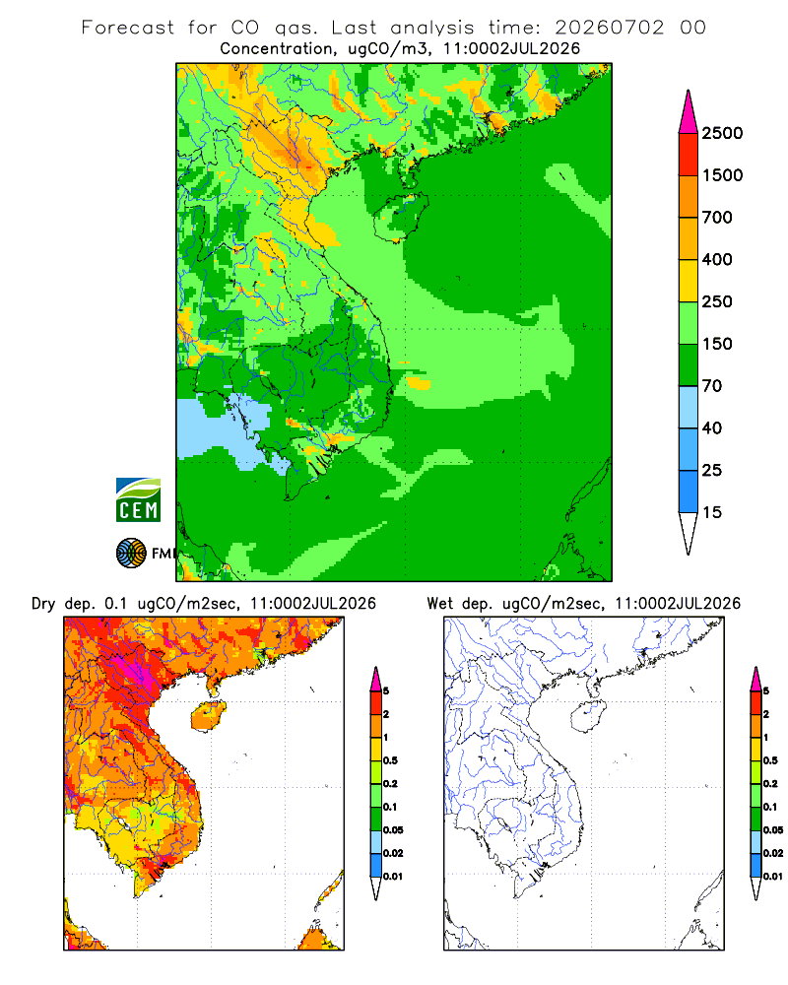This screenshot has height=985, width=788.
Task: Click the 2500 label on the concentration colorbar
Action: (x=722, y=133)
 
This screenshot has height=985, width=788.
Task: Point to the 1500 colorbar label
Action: (x=722, y=175)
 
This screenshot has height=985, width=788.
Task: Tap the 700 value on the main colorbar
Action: (x=717, y=218)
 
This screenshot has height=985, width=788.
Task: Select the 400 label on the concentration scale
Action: (x=717, y=259)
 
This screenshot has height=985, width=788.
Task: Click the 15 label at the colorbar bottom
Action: (x=711, y=512)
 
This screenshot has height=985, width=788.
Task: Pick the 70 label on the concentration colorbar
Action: (x=711, y=386)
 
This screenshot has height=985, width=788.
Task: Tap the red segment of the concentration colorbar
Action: (x=689, y=154)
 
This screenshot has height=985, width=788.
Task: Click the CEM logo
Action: (x=138, y=500)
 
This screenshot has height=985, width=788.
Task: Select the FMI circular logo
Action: (x=131, y=554)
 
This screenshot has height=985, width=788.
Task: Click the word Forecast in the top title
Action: (x=128, y=28)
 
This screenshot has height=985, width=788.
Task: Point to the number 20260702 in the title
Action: (x=609, y=28)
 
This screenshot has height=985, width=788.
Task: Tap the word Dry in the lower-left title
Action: (x=43, y=605)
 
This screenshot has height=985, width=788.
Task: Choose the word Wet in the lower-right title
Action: (x=440, y=604)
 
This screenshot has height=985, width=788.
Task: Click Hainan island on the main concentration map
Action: (x=401, y=218)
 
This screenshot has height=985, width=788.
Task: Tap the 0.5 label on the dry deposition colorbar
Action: (x=390, y=760)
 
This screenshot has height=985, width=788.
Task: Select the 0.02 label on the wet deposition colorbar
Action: (x=773, y=853)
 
